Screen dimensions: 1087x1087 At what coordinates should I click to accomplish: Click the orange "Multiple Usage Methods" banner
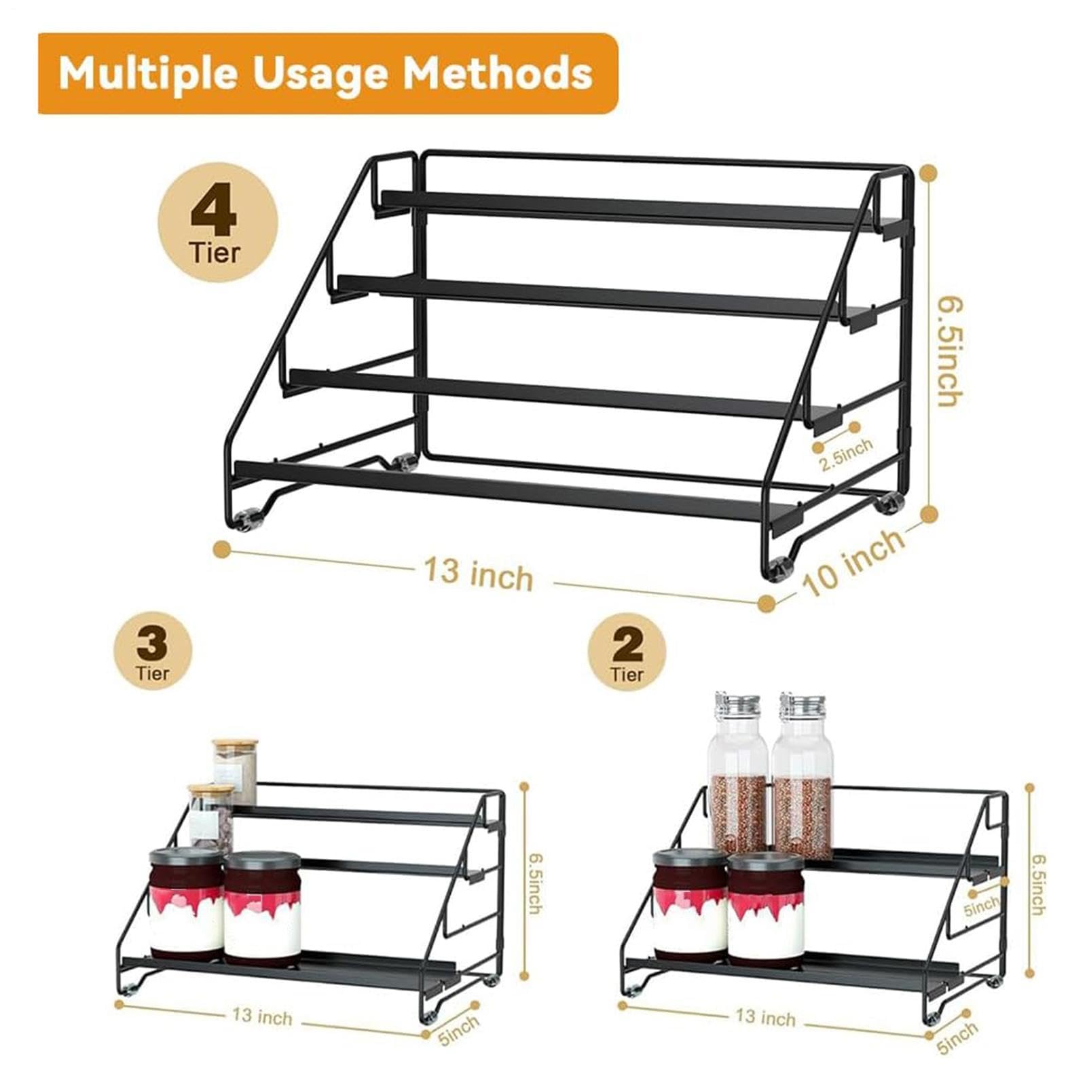coord(328,73)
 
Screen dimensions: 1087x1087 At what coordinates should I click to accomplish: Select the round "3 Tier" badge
coord(153,652)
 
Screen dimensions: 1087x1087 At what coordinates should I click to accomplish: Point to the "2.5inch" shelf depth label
coord(845,454)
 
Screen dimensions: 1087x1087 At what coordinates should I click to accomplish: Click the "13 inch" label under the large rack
coord(479,574)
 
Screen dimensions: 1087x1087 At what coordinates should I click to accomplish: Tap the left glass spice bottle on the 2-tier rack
coord(739,776)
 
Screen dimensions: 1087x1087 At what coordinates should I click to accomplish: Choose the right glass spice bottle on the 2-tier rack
coord(802,776)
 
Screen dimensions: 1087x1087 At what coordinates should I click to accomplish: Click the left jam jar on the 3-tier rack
coord(187,903)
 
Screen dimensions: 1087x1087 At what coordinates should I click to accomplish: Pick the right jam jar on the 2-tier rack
coord(766,907)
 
